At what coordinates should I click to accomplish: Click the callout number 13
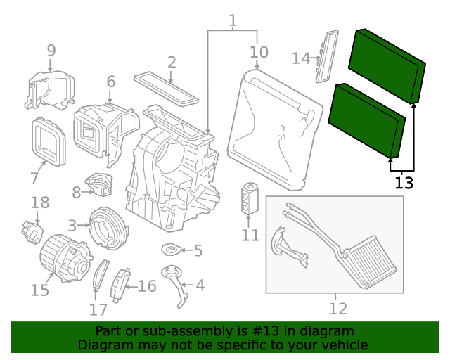click(x=404, y=184)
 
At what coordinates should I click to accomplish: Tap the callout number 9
click(x=51, y=50)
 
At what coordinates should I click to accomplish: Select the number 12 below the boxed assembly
click(x=338, y=308)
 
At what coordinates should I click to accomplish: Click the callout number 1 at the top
click(x=233, y=21)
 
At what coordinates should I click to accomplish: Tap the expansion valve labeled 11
click(x=249, y=197)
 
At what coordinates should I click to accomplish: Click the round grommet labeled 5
click(x=171, y=249)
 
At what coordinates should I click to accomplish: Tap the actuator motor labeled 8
click(x=100, y=185)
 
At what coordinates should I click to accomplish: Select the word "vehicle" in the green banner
click(x=342, y=345)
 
